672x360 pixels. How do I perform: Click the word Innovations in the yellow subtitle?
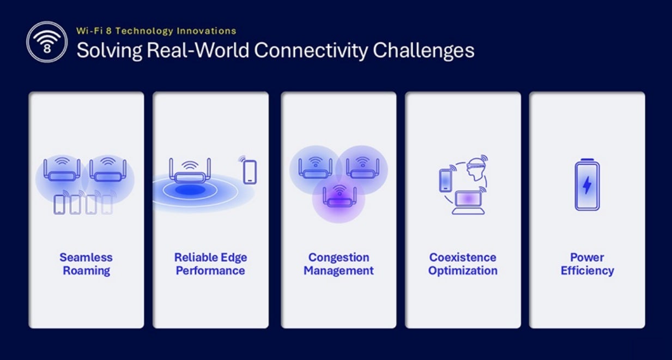(x=207, y=31)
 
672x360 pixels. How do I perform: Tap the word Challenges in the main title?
(x=423, y=50)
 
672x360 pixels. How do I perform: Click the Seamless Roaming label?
(x=86, y=264)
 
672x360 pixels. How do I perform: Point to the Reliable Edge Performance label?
(x=210, y=264)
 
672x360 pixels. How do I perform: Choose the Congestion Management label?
(x=338, y=264)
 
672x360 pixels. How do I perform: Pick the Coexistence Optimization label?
(x=463, y=264)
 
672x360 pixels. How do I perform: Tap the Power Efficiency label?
(x=587, y=264)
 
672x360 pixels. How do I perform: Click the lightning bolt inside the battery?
(x=587, y=185)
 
